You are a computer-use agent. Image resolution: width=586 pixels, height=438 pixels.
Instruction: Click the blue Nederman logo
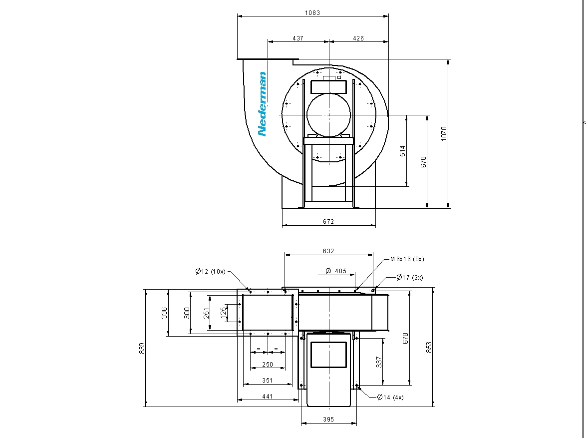point(263,104)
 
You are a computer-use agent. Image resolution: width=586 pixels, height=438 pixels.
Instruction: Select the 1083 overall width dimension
point(312,12)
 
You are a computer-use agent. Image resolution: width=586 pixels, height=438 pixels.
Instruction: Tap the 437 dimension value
point(298,38)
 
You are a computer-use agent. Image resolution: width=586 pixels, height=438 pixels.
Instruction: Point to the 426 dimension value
point(358,38)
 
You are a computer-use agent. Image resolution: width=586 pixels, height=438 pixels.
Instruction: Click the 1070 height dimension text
point(444,133)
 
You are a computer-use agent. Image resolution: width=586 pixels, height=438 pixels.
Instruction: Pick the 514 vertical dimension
point(402,151)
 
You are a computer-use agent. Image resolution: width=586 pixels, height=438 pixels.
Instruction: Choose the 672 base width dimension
point(328,221)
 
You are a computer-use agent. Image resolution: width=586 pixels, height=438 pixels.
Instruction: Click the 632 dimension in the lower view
point(328,251)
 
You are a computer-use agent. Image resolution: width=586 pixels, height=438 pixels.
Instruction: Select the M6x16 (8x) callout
point(407,259)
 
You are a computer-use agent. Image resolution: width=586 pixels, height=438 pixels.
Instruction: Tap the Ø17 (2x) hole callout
point(410,277)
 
